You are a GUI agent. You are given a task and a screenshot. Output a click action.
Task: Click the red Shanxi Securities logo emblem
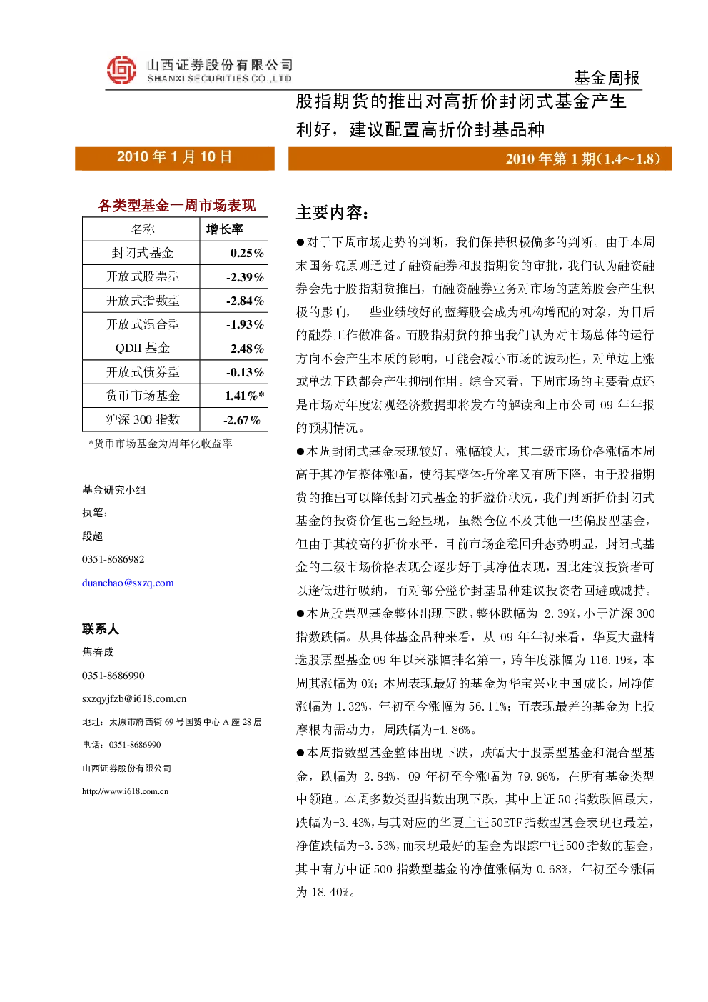121,70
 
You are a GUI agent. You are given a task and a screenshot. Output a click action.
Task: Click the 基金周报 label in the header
607,78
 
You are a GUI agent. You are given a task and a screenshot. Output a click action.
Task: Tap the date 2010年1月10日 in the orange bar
174,156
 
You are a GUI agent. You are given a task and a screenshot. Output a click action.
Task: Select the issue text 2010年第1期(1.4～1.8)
583,159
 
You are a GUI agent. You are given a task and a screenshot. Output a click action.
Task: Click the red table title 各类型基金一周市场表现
176,205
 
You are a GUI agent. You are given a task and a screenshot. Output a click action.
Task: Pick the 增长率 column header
225,229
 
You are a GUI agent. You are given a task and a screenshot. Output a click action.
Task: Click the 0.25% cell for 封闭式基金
247,254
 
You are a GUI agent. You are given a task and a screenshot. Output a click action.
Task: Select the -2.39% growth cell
245,277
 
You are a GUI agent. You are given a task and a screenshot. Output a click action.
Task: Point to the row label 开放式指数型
143,301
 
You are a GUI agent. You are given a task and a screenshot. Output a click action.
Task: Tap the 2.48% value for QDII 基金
247,348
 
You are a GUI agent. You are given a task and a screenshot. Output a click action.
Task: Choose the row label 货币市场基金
143,396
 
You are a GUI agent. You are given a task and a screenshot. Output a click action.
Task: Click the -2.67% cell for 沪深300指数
242,420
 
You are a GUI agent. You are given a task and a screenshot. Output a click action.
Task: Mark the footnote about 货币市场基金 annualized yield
161,444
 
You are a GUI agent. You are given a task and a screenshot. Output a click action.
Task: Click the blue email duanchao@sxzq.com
128,583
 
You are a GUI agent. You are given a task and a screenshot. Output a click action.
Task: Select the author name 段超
93,536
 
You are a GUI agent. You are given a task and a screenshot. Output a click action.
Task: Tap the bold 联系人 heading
101,629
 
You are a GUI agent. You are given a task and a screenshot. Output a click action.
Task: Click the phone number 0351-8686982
113,559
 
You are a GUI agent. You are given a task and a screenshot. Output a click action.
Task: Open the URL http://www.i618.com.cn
125,791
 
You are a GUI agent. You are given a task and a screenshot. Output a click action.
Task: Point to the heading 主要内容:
333,213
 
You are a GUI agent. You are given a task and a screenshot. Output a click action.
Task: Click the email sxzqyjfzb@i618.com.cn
134,698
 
